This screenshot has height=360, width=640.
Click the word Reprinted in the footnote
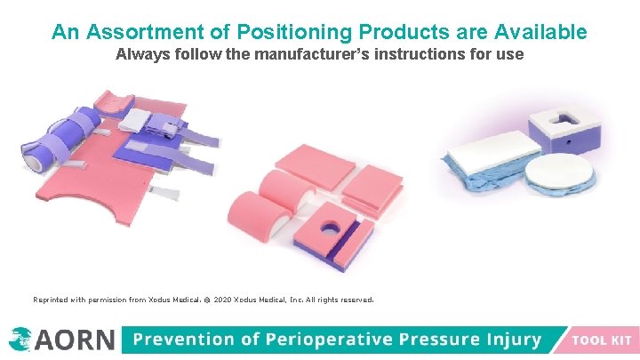pyautogui.click(x=52, y=300)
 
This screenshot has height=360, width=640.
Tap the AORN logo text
pyautogui.click(x=76, y=340)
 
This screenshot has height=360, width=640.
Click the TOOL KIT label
pyautogui.click(x=601, y=340)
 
